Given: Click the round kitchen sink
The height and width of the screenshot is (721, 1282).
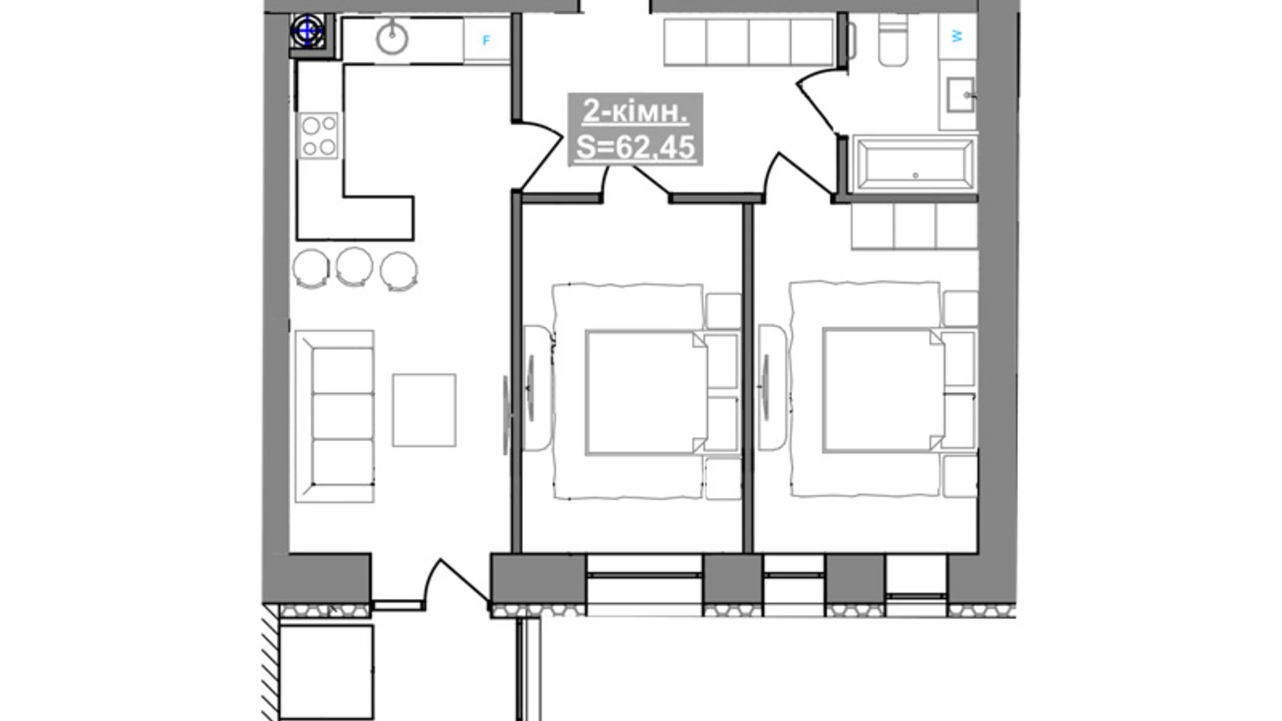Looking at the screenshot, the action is click(x=392, y=38).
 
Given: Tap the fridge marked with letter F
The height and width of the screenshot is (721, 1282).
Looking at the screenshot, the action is click(x=486, y=40).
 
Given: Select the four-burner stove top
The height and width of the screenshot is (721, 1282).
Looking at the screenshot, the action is click(x=319, y=136).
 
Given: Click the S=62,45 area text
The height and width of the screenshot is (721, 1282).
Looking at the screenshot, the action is click(x=635, y=147).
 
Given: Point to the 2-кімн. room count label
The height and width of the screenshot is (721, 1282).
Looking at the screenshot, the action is click(x=635, y=111).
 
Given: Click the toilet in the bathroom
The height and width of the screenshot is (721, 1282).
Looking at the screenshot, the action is click(x=893, y=40).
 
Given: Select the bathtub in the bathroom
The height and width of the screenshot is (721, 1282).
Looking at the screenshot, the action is click(x=915, y=164).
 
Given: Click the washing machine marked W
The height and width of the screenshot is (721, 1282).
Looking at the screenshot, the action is click(x=958, y=36).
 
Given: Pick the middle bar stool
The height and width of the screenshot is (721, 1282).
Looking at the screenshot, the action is click(x=354, y=267).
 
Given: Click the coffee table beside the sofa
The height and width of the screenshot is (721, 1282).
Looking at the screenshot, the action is click(x=424, y=410).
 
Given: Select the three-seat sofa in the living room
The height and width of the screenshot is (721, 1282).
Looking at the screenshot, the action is click(x=335, y=416).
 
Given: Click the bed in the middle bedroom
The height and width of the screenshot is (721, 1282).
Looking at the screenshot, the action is click(x=646, y=392).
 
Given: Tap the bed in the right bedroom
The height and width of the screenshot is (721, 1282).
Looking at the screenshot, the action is click(x=884, y=391).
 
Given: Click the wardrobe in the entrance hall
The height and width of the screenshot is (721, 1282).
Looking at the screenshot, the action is click(x=748, y=42).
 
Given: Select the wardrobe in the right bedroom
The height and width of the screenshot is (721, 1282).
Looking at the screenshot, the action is click(x=914, y=226).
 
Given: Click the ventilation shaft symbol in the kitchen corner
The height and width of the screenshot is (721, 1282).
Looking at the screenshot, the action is click(x=308, y=31).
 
